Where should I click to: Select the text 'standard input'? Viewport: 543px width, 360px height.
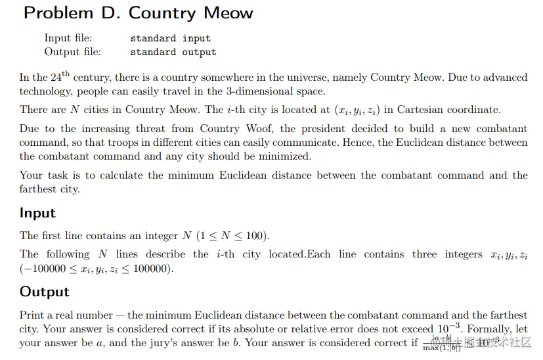pos(170,38)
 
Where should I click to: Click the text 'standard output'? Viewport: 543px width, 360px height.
pos(173,52)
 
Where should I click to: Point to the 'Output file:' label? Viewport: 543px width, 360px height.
pos(73,52)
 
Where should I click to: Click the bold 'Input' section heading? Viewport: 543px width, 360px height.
pos(37,213)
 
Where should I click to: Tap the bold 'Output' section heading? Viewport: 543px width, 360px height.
pos(44,292)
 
